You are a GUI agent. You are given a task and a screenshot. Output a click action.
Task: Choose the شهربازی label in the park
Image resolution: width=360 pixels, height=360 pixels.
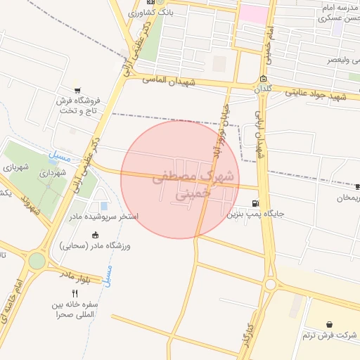(x=15, y=167)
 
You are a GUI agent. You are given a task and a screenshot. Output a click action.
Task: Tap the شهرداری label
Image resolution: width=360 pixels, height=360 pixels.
(x=53, y=172)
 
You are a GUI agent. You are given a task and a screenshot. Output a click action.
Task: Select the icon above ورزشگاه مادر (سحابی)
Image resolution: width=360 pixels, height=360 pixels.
(x=95, y=235)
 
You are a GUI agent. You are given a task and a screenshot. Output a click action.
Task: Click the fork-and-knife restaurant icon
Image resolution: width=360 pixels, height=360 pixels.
(x=75, y=293)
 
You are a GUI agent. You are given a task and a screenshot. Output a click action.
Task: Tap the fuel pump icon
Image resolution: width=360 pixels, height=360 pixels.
(x=263, y=204)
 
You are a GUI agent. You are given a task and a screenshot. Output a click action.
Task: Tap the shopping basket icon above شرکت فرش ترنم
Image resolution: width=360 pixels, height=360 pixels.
(x=330, y=324)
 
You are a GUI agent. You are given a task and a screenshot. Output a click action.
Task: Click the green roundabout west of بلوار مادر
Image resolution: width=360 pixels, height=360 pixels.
(x=37, y=261)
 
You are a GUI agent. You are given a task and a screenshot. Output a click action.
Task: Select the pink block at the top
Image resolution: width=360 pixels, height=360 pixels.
(x=253, y=15)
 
